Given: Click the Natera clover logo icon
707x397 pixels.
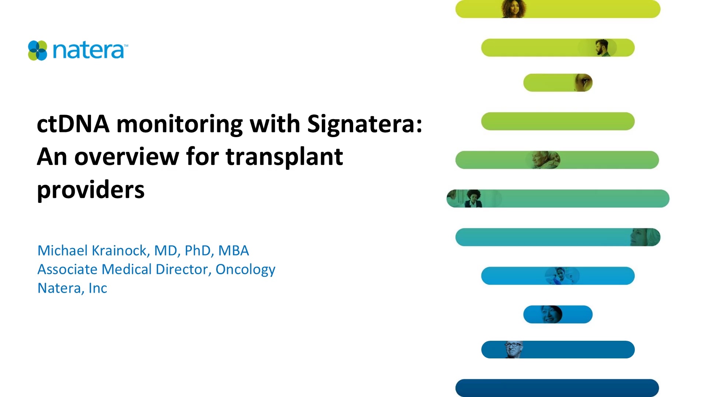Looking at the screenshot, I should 38,50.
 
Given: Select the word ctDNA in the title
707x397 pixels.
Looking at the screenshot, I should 73,124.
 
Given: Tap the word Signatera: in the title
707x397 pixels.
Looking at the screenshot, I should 365,124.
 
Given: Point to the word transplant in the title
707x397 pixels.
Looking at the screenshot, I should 284,157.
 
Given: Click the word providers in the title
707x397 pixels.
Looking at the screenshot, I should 91,190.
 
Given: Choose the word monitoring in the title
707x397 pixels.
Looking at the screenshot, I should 179,124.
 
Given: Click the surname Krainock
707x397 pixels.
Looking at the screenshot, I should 120,251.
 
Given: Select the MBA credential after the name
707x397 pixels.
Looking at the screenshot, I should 233,251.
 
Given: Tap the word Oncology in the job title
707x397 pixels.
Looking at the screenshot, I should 245,269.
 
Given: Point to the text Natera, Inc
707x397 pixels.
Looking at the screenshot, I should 72,288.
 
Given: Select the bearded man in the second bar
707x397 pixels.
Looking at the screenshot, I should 602,48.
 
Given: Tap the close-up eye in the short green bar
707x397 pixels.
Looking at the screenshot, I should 584,82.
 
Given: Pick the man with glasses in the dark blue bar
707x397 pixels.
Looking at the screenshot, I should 513,349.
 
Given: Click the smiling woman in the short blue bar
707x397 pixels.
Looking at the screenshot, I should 551,314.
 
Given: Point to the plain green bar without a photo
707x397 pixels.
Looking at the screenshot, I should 558,121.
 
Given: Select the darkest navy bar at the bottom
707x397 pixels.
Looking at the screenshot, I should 557,387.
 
